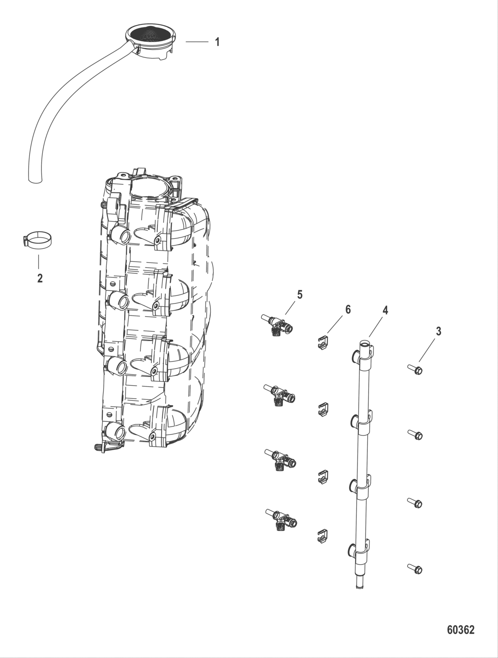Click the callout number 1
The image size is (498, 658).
point(217,42)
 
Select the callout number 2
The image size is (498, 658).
point(40,279)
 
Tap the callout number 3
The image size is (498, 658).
point(438,331)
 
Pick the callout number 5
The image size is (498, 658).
point(300,295)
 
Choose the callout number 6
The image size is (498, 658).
point(348,309)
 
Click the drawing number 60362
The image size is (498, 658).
point(460,630)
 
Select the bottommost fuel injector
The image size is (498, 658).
point(280,520)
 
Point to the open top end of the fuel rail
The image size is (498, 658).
point(364,343)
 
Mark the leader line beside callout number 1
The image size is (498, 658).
point(197,42)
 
